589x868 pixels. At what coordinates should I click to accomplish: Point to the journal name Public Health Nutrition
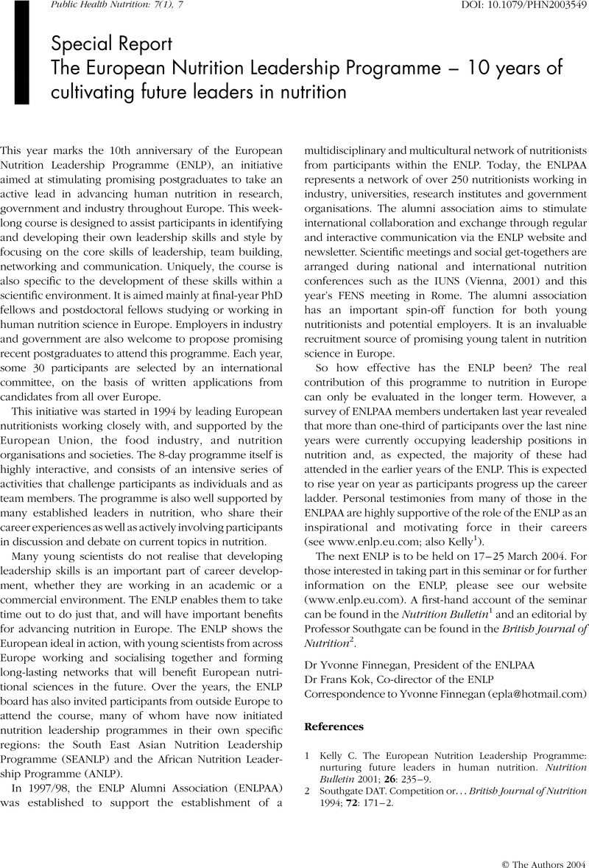[82, 7]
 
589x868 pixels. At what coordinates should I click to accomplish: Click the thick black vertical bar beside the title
[20, 52]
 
